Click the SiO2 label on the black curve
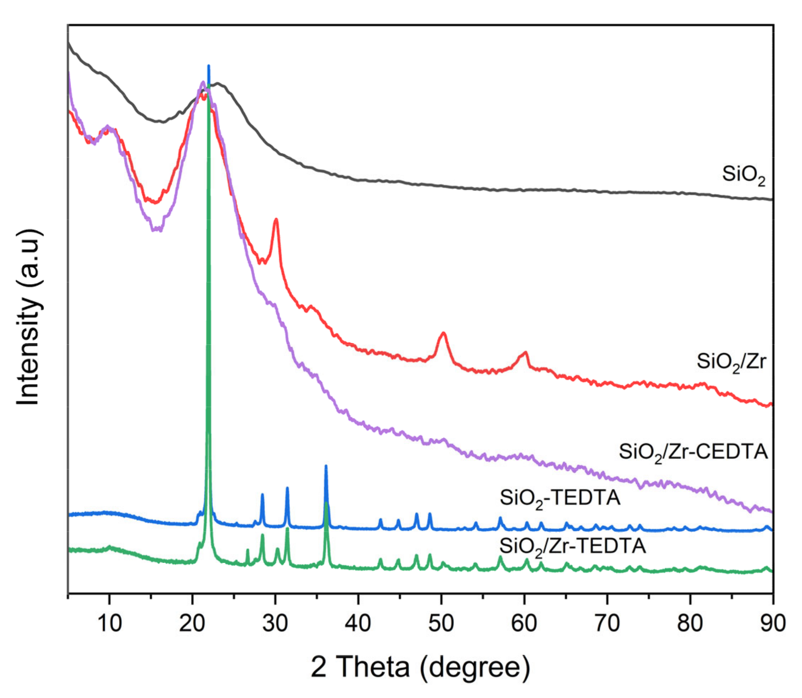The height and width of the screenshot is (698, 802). point(743,175)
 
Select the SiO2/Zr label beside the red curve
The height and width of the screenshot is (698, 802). point(731,362)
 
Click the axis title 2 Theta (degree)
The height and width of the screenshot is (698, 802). point(420,667)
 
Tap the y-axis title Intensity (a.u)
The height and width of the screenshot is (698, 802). point(28,317)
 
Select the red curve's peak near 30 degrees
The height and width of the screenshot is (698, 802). point(276,220)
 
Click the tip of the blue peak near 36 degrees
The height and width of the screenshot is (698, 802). point(326,466)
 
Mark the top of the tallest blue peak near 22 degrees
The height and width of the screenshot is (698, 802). point(209,66)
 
